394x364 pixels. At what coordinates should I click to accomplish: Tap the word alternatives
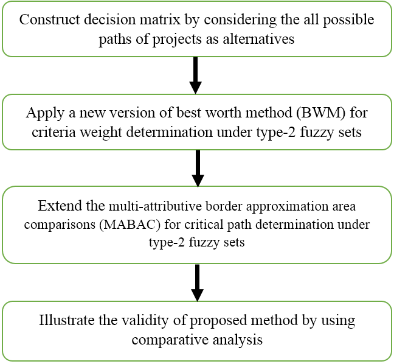pyautogui.click(x=258, y=39)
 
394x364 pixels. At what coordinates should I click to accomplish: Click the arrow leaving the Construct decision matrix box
pyautogui.click(x=196, y=75)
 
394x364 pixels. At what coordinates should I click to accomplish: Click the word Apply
pyautogui.click(x=45, y=113)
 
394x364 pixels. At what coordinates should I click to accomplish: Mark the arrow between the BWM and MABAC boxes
pyautogui.click(x=198, y=168)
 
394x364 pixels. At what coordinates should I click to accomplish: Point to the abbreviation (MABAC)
pyautogui.click(x=130, y=225)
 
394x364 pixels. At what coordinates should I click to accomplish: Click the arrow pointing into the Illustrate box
pyautogui.click(x=197, y=283)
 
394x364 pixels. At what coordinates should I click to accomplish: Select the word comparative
pyautogui.click(x=170, y=340)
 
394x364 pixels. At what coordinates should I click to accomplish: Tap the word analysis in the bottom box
pyautogui.click(x=238, y=340)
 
